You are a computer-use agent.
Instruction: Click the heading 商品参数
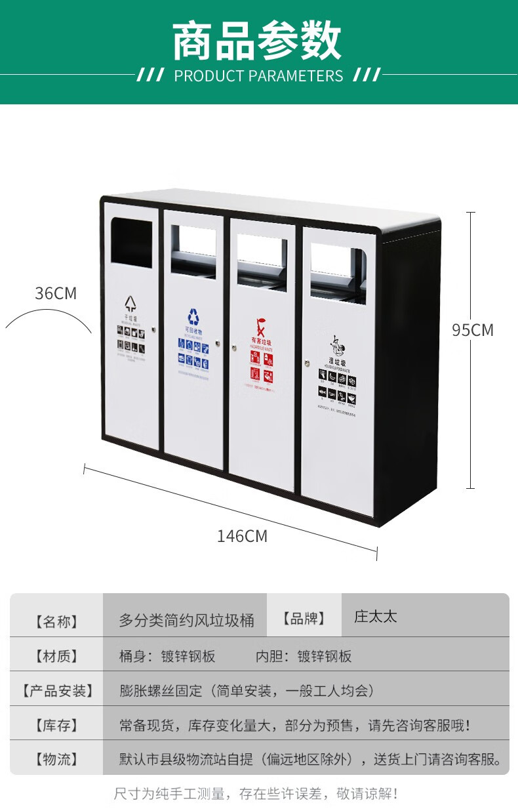tap(257, 41)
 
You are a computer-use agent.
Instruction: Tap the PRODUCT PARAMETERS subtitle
tap(258, 76)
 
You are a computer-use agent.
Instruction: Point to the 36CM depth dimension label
tap(56, 293)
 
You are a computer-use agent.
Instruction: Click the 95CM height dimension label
tap(472, 330)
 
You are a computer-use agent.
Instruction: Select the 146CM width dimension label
tap(242, 536)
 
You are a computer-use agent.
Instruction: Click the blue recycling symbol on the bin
tap(193, 317)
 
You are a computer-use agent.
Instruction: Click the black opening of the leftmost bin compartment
tap(132, 241)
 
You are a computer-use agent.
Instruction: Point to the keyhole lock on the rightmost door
tap(306, 362)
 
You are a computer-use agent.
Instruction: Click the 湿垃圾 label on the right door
tap(337, 360)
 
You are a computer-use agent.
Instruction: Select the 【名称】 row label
tap(56, 621)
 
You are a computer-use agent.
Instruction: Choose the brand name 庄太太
tap(376, 617)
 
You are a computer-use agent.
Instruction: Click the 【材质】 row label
tap(56, 655)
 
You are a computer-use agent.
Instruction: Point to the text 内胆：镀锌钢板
tap(304, 655)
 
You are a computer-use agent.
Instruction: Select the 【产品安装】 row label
tap(56, 691)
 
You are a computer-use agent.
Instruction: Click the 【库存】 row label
tap(56, 726)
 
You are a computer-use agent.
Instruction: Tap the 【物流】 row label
tap(56, 760)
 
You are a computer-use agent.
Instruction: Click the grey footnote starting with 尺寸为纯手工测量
tap(256, 794)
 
